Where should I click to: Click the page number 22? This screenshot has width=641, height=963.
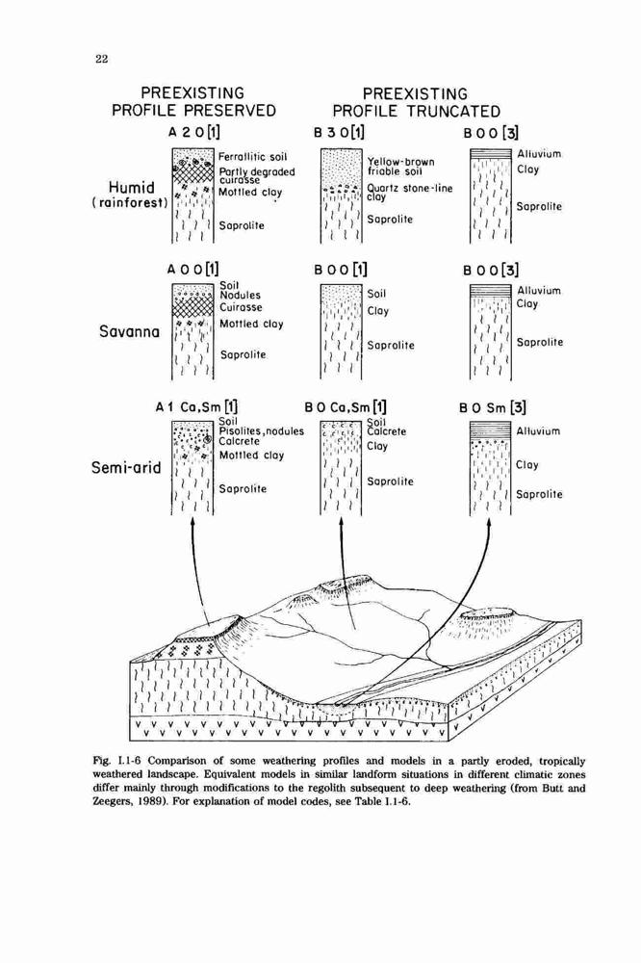tap(102, 59)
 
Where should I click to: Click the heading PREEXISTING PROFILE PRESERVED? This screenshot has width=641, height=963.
tap(193, 102)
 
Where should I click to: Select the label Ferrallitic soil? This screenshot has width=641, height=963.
tap(253, 157)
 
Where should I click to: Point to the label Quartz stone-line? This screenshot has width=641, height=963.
tap(410, 188)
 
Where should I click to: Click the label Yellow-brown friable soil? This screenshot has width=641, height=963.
tap(401, 167)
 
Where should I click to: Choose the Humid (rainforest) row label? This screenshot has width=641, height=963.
tap(130, 195)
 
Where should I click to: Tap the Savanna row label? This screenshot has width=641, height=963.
tap(130, 331)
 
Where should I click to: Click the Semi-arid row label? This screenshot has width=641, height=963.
tap(126, 468)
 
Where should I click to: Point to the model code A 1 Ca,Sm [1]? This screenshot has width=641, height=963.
tap(196, 406)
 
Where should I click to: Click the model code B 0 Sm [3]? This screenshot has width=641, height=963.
tap(493, 407)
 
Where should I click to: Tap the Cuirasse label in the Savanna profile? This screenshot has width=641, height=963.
tap(241, 307)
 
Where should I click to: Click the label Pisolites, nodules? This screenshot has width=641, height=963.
tap(262, 431)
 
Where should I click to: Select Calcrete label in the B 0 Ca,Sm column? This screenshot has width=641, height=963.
tap(386, 431)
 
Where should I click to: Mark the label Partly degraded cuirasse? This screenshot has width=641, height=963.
tap(257, 175)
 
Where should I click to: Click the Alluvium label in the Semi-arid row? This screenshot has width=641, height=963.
tap(538, 431)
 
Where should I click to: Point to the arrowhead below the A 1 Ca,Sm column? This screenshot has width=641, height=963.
tap(193, 522)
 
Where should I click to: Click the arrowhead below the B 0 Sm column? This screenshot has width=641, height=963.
tap(489, 522)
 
